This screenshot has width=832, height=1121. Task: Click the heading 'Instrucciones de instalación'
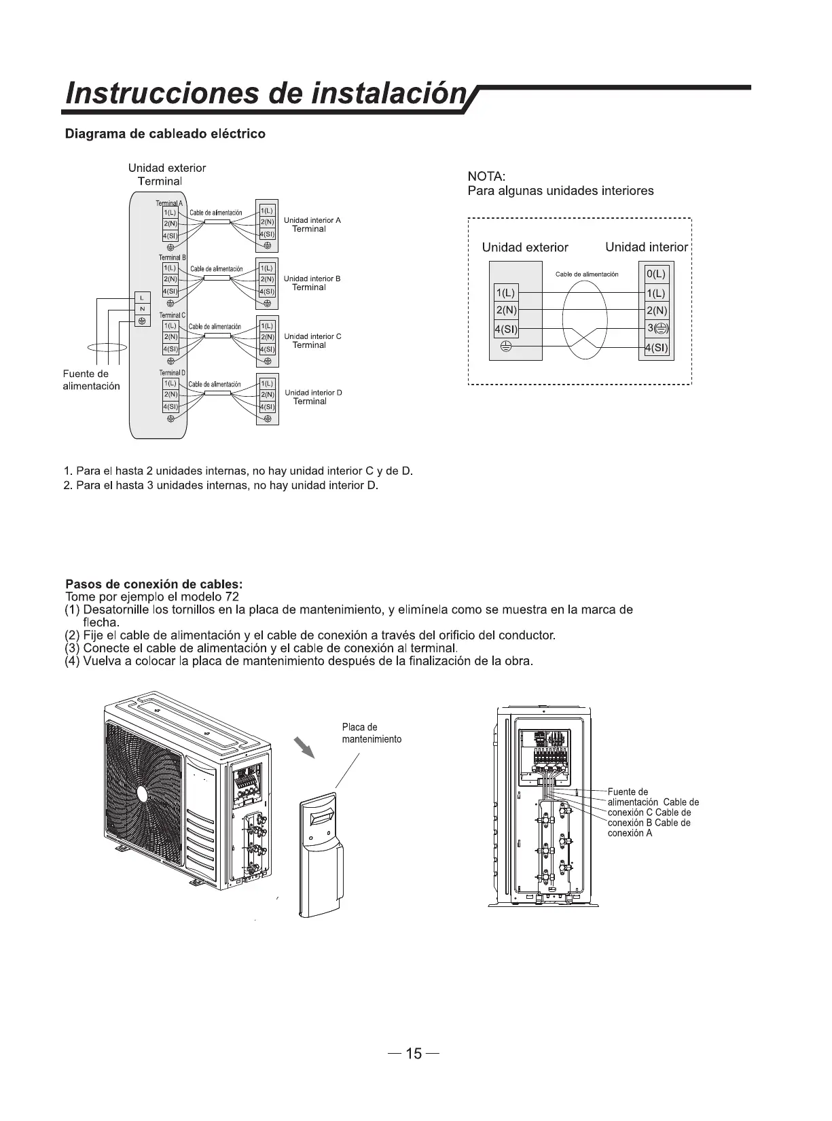click(265, 94)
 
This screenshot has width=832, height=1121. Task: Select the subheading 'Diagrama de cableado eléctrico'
click(164, 134)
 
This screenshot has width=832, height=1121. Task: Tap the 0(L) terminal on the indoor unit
click(656, 274)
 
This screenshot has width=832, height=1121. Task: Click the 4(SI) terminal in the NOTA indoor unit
click(656, 348)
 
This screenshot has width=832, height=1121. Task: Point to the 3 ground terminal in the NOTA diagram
click(657, 329)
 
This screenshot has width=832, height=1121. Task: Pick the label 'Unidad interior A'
click(312, 220)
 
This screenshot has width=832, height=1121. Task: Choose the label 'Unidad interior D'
click(313, 393)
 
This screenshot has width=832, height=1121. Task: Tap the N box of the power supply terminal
click(142, 309)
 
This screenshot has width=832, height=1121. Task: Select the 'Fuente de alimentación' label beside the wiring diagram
click(91, 380)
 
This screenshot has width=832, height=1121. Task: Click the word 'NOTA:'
click(485, 177)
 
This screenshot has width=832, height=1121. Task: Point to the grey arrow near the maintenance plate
click(305, 747)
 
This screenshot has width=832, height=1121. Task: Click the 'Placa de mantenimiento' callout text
click(371, 733)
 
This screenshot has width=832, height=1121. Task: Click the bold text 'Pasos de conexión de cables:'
click(153, 584)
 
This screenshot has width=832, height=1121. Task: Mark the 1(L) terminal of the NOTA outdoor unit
click(505, 293)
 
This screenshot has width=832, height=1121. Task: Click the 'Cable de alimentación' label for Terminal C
click(215, 327)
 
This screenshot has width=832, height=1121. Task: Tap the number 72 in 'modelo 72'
click(232, 597)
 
